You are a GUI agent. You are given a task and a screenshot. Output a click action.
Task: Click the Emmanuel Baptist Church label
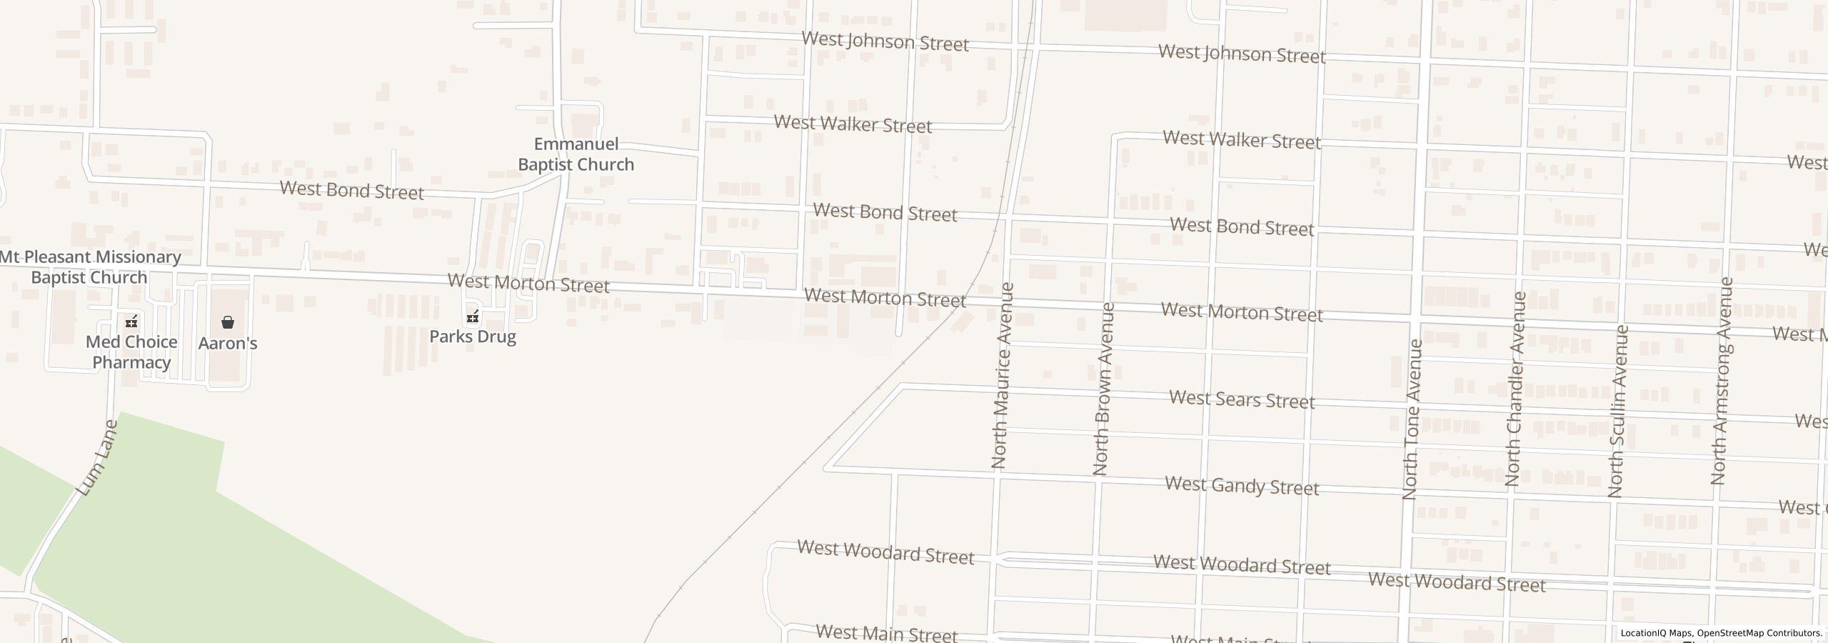(576, 154)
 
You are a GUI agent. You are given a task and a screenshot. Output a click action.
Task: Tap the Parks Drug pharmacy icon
(473, 316)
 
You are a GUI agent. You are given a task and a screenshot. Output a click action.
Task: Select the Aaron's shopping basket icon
(228, 322)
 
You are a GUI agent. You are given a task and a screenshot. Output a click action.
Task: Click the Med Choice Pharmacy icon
(131, 321)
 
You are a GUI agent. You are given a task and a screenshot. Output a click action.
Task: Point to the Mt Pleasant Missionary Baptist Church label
(90, 266)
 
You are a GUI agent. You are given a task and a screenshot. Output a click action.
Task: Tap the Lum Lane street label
(97, 459)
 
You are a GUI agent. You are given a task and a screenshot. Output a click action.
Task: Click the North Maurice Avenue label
(1003, 376)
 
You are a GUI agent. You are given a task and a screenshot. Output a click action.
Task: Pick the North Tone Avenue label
(1412, 419)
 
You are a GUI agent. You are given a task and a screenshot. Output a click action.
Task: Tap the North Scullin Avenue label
(1617, 411)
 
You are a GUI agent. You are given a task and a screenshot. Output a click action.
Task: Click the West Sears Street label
(1241, 399)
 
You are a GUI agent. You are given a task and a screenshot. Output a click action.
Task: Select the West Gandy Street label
(1241, 486)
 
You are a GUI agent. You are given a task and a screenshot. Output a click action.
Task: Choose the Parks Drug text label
(473, 337)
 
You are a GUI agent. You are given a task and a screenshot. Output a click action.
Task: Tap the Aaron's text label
(228, 344)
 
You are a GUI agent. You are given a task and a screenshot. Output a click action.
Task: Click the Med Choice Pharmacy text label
(131, 352)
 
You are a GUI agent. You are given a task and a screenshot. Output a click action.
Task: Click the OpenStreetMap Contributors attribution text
(1759, 633)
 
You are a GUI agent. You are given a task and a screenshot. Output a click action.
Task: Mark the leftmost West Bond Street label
(351, 191)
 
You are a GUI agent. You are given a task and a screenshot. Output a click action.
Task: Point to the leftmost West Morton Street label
(528, 284)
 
